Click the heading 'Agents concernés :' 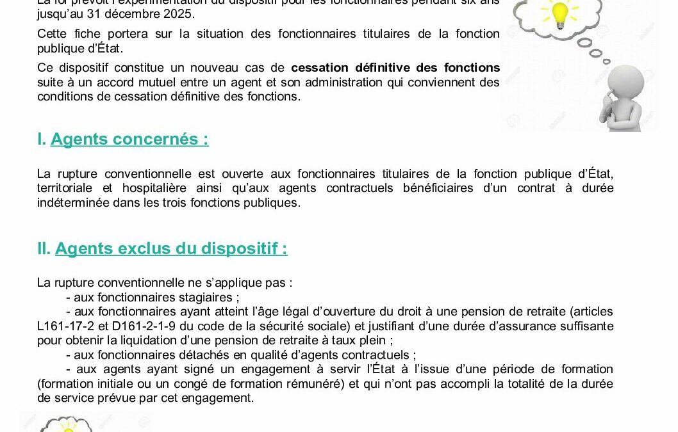129,139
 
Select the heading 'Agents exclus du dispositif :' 171,248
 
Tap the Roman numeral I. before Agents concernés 42,139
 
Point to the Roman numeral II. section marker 44,248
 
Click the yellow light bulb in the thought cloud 561,13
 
